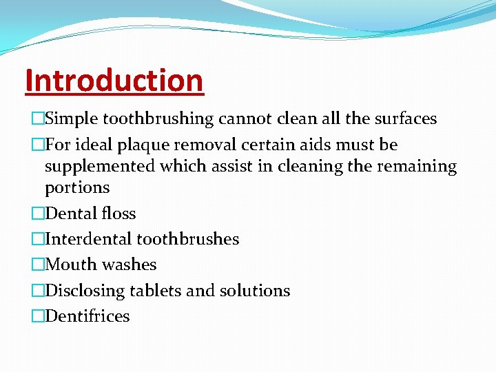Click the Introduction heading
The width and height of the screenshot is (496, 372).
(114, 80)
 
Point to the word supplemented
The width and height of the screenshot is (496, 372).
(99, 167)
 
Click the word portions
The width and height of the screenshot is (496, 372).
(77, 188)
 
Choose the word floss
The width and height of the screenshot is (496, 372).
(118, 214)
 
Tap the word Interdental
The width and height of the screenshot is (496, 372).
(88, 239)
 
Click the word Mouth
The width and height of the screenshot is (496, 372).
(71, 265)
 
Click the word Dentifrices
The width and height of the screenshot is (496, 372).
(87, 316)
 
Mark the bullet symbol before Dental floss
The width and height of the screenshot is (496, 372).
(37, 214)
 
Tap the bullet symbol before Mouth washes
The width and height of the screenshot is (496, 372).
(37, 265)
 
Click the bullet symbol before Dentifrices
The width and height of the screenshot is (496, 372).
(37, 316)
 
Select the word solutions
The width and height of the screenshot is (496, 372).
(255, 291)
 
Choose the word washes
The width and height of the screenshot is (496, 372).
(130, 265)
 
